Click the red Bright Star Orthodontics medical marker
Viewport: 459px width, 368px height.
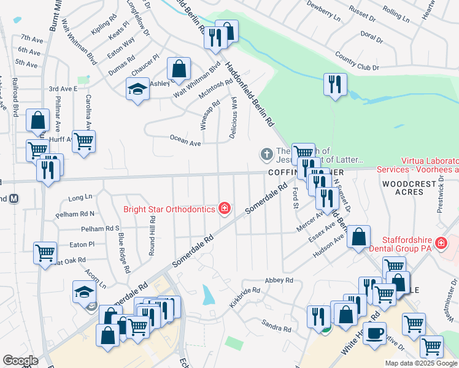click(225, 209)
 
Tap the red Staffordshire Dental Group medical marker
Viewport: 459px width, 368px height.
click(440, 243)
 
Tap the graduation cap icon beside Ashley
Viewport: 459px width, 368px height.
click(138, 88)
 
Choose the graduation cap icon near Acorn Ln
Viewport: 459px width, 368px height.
click(85, 291)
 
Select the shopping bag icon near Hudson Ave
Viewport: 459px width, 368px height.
click(359, 236)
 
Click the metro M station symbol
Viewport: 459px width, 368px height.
click(14, 199)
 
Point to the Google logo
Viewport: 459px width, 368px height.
click(20, 361)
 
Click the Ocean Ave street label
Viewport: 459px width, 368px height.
click(185, 143)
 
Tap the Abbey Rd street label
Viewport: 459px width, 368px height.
click(279, 280)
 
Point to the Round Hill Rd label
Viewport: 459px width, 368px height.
click(151, 224)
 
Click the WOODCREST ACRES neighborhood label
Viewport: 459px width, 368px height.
click(403, 188)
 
